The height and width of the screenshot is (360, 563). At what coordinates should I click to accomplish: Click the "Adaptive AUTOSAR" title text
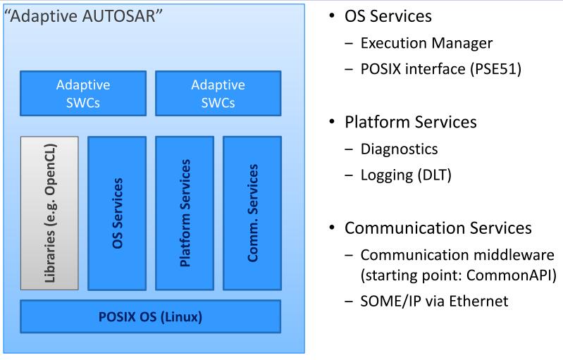85,15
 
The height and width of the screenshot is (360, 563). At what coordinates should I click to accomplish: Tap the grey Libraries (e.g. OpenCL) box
49,213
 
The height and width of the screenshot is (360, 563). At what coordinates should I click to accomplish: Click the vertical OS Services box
117,213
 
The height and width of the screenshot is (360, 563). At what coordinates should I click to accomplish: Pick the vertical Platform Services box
185,213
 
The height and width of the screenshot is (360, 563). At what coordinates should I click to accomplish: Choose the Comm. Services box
252,213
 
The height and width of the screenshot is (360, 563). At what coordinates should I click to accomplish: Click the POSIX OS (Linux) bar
150,316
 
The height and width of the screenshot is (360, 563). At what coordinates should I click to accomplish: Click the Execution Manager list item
426,43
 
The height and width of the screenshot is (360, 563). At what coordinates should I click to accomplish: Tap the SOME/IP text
386,300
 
